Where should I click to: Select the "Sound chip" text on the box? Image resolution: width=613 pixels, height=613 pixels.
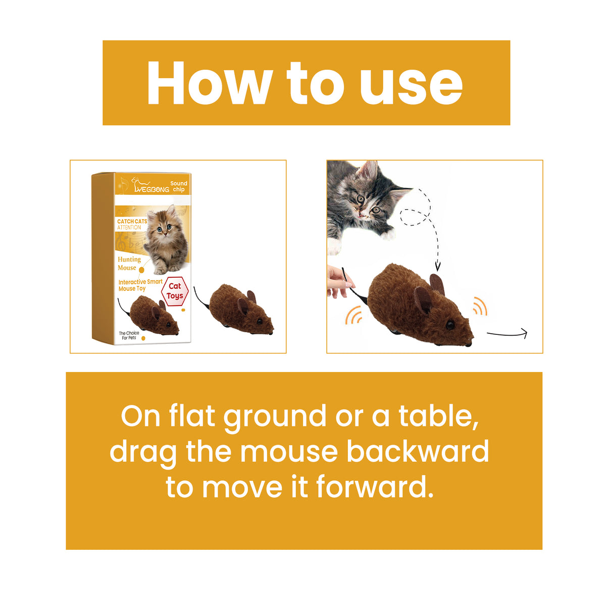click(x=178, y=186)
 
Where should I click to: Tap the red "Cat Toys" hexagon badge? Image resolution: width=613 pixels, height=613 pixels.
click(x=175, y=291)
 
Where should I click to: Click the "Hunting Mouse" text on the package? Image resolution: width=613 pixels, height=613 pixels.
click(x=129, y=263)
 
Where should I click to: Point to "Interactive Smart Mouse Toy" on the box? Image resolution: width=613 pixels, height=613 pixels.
click(x=140, y=285)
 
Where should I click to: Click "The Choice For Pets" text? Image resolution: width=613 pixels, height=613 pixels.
click(x=129, y=335)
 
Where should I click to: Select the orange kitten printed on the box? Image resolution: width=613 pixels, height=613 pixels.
click(x=165, y=240)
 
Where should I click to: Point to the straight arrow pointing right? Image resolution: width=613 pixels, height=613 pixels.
click(x=506, y=334)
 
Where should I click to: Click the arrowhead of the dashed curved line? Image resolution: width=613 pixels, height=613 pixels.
click(x=438, y=266)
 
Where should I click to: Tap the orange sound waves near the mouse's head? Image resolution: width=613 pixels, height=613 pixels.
click(x=480, y=306)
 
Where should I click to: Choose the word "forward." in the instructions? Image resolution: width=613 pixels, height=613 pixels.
click(x=375, y=487)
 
